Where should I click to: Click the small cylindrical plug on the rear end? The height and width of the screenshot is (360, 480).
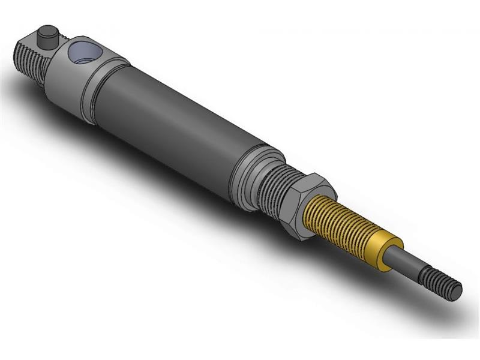click(46, 38)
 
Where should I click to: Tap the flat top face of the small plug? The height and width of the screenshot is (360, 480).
click(46, 31)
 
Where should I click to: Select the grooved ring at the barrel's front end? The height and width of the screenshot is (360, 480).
click(252, 177)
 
